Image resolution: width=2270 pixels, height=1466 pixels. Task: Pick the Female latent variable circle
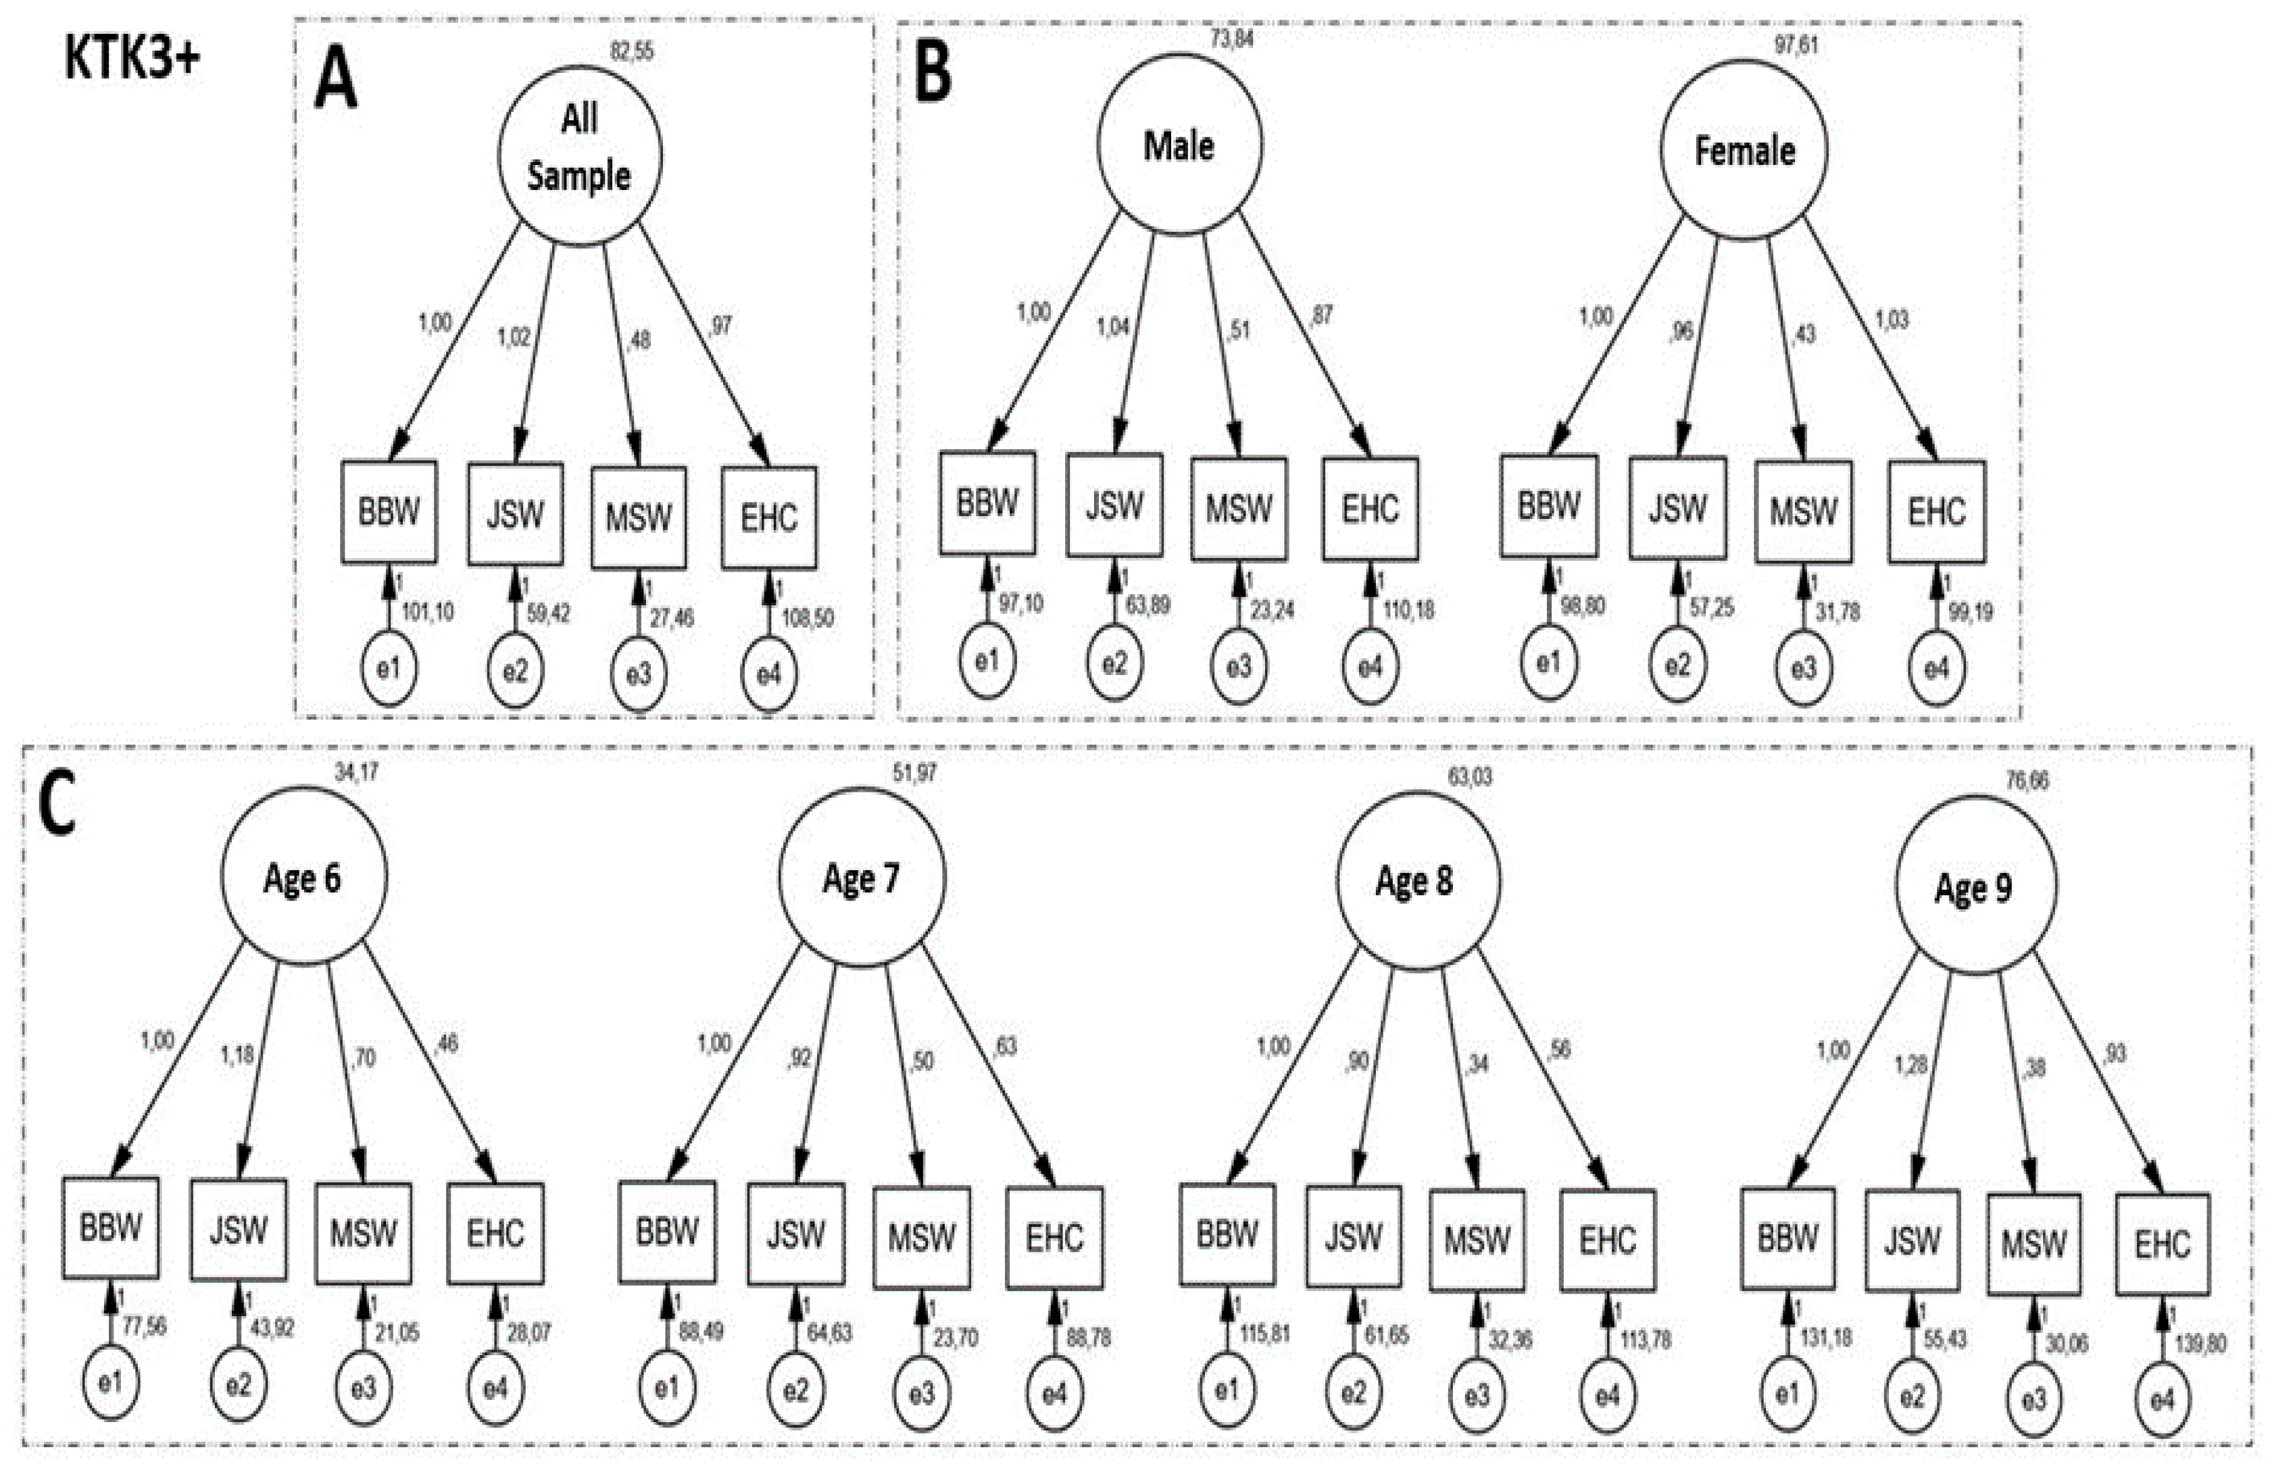pyautogui.click(x=1744, y=151)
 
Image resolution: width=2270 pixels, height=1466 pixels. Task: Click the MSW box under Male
pyautogui.click(x=1238, y=508)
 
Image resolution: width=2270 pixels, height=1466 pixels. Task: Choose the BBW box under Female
pyautogui.click(x=1548, y=505)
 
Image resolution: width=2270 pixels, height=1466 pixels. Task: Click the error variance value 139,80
pyautogui.click(x=2200, y=1344)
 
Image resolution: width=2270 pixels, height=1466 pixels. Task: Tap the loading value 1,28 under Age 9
pyautogui.click(x=1910, y=1064)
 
